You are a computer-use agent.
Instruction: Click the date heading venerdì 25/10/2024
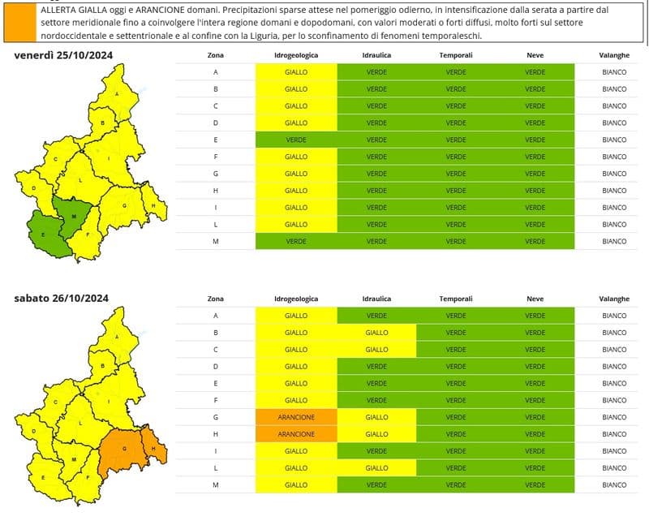63,54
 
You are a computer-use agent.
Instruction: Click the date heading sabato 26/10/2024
62,298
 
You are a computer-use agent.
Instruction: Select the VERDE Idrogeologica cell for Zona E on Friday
296,140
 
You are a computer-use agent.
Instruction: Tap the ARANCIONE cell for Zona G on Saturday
296,417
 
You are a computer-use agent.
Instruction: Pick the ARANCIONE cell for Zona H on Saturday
296,434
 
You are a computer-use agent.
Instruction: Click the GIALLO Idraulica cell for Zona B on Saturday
376,333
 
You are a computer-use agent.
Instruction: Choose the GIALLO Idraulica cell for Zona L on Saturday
376,468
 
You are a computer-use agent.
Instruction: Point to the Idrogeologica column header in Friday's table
296,55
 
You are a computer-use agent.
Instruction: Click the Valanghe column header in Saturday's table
614,299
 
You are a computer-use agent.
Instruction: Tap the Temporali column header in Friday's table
455,55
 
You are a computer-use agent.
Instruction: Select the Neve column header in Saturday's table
535,299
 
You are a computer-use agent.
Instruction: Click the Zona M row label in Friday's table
216,241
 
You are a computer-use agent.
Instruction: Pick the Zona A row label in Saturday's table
216,316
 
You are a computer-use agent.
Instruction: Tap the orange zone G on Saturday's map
122,450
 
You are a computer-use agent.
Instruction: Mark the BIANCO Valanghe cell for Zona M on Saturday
614,485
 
